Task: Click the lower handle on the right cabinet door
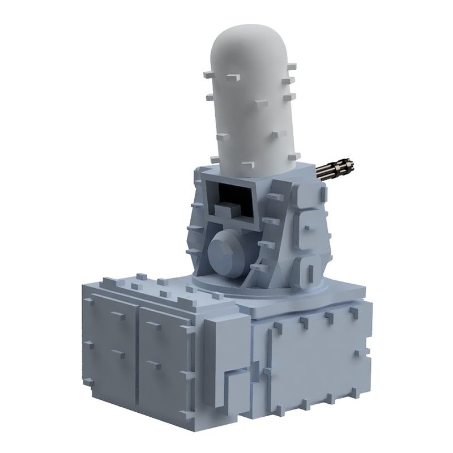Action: pyautogui.click(x=153, y=362)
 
